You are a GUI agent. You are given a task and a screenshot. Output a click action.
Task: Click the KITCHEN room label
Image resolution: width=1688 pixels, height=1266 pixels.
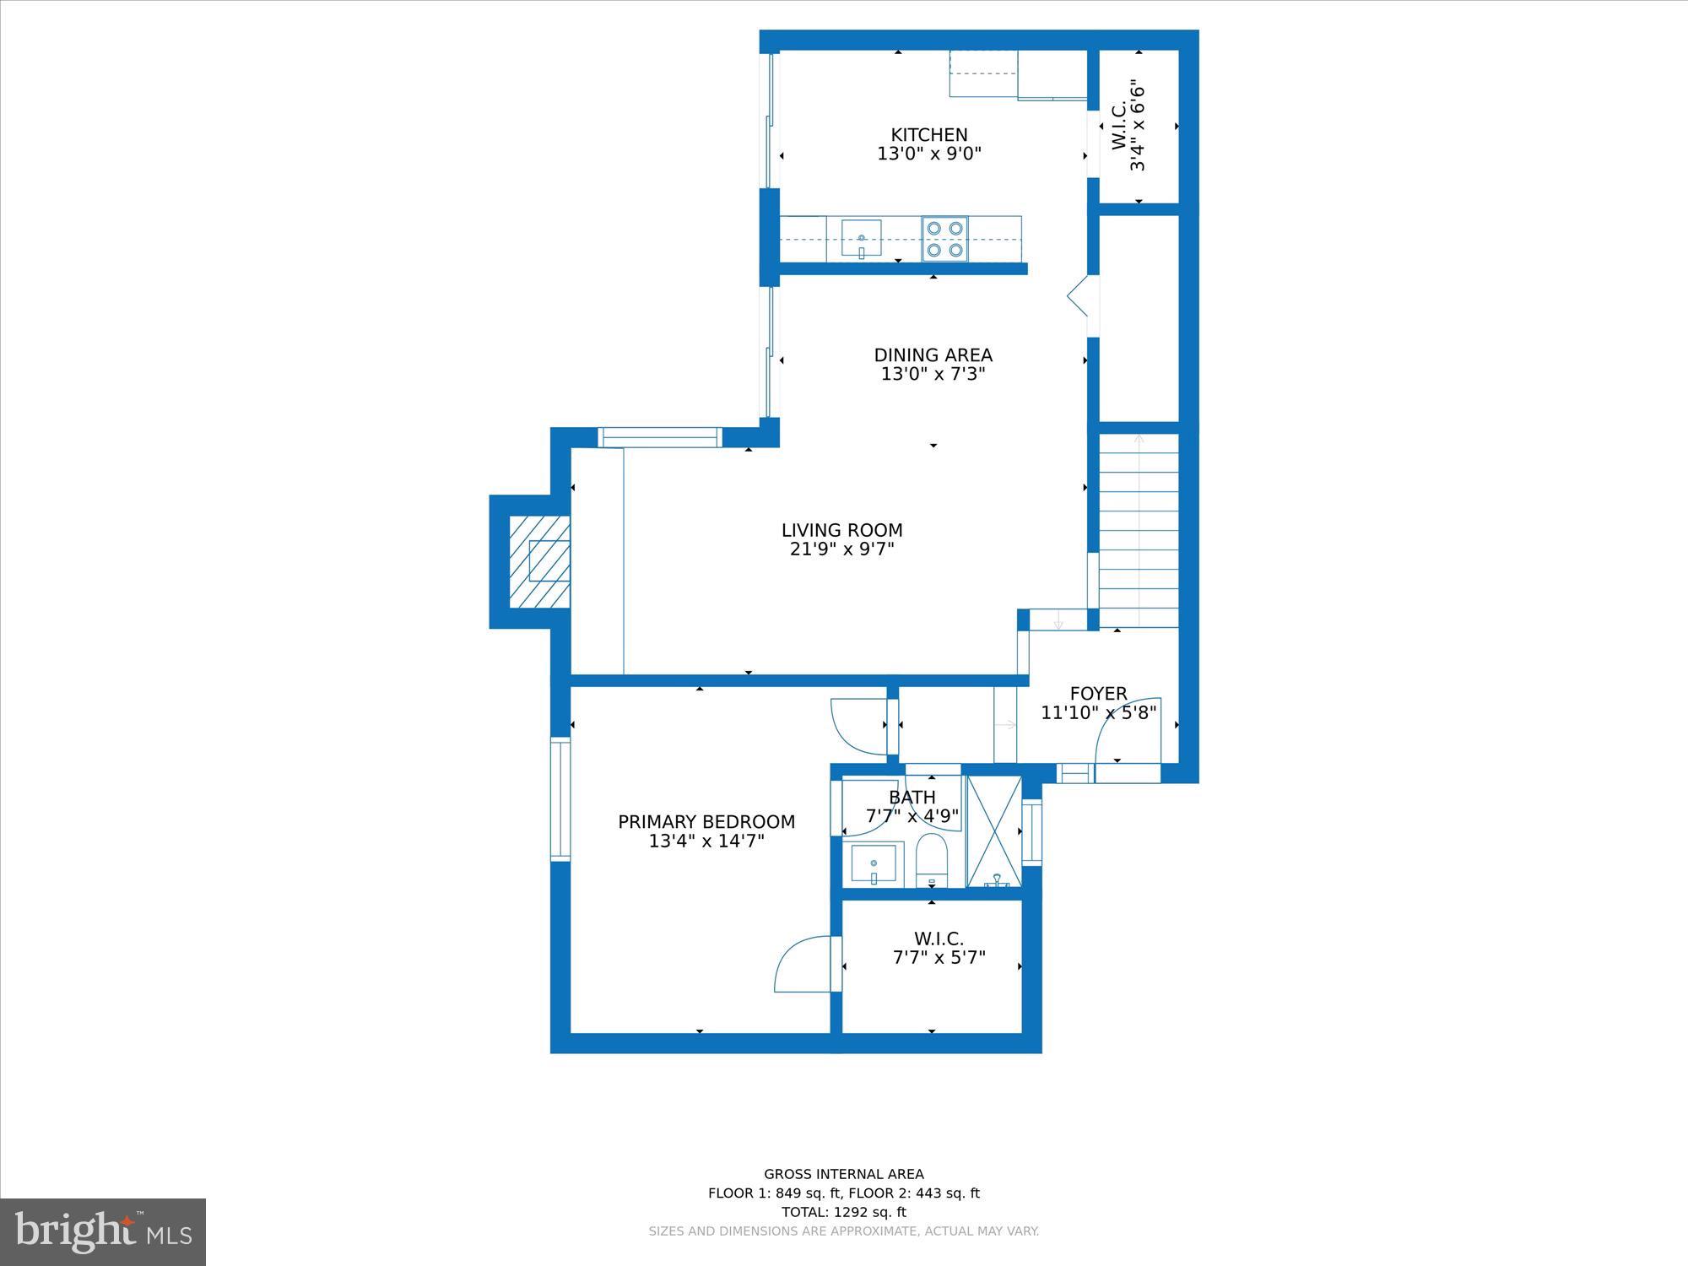(929, 135)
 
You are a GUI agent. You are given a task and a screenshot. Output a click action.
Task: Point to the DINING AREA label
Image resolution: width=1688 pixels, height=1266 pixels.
(933, 355)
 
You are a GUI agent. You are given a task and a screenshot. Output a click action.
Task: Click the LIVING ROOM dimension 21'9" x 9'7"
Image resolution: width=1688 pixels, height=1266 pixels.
(841, 549)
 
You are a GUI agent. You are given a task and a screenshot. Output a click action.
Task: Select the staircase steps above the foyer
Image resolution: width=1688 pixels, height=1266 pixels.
(1139, 532)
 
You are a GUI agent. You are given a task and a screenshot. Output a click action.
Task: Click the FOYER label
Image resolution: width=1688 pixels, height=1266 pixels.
(1098, 694)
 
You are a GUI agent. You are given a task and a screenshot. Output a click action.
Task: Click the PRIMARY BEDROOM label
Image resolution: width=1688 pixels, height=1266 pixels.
(706, 822)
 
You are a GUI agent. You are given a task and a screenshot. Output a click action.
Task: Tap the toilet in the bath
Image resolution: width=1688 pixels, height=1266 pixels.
(933, 861)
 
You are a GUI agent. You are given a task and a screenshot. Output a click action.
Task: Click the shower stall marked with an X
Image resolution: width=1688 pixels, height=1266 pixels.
(994, 831)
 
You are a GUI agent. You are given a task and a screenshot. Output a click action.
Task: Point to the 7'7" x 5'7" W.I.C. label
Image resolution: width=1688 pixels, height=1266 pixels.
(939, 958)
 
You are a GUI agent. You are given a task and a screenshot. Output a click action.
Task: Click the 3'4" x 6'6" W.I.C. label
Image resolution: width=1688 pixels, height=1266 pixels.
(1128, 127)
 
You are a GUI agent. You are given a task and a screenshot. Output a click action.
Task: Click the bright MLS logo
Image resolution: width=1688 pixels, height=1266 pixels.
(103, 1232)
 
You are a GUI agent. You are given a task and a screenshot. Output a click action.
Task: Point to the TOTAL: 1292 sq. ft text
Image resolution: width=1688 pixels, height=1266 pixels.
(843, 1212)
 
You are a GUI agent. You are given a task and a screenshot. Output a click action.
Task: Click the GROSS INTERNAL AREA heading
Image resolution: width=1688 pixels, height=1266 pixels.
(843, 1174)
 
